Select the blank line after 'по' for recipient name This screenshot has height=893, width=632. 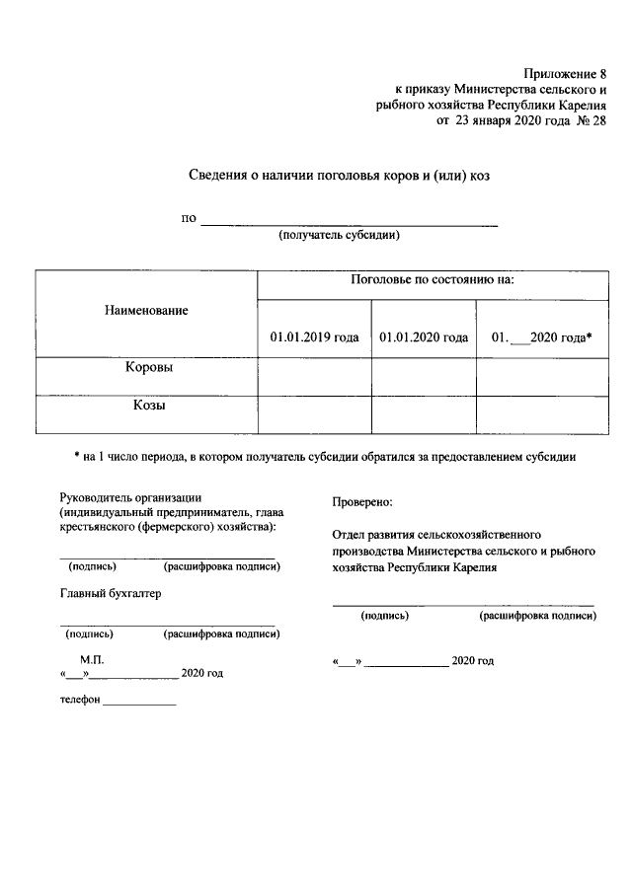coord(349,220)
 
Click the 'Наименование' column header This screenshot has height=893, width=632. coord(146,310)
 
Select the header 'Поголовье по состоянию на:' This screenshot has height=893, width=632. coord(432,281)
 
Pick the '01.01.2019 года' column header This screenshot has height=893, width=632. coord(314,337)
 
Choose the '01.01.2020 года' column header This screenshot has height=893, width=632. coord(424,337)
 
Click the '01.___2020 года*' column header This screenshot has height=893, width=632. coord(541,337)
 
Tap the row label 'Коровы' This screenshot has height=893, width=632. coord(147,367)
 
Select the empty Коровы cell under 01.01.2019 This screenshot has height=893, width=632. coord(314,376)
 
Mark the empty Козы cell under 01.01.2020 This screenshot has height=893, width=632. coord(424,413)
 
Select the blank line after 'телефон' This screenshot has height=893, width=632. coord(139,703)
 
